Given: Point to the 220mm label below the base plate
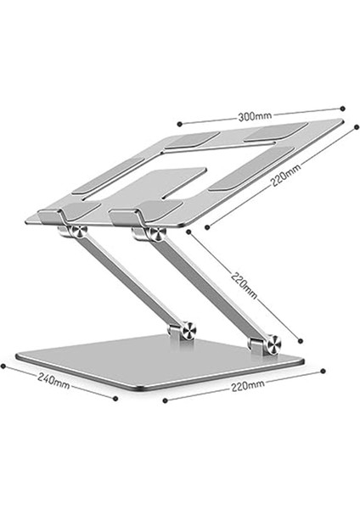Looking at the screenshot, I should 246,385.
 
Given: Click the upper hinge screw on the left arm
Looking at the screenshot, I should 78,232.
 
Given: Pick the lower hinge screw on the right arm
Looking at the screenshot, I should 272,344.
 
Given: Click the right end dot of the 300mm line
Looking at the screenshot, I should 342,108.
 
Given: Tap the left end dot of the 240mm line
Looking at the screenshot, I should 3,366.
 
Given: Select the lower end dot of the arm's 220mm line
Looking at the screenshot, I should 301,338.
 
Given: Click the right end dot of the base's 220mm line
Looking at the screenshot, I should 323,371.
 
